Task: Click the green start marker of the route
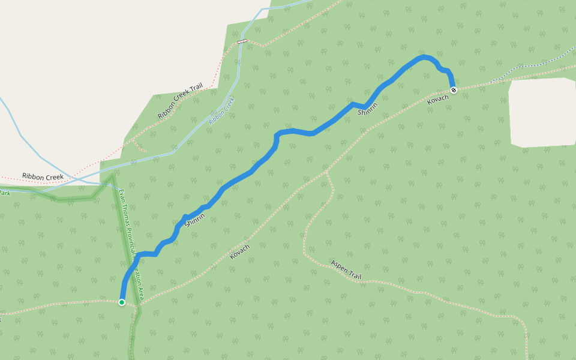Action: [x=122, y=302]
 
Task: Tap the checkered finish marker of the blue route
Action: [x=454, y=90]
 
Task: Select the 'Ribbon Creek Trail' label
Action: [x=180, y=102]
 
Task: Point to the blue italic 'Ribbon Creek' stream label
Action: [x=221, y=110]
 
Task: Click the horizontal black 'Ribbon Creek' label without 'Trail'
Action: [x=43, y=177]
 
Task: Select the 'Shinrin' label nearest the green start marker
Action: [x=196, y=220]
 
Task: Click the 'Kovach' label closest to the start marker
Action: [x=239, y=251]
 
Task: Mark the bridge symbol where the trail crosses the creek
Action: [x=242, y=41]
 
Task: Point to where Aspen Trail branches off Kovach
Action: [x=326, y=172]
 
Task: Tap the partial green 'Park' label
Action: [x=5, y=193]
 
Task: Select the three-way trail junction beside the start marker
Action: [x=138, y=305]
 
